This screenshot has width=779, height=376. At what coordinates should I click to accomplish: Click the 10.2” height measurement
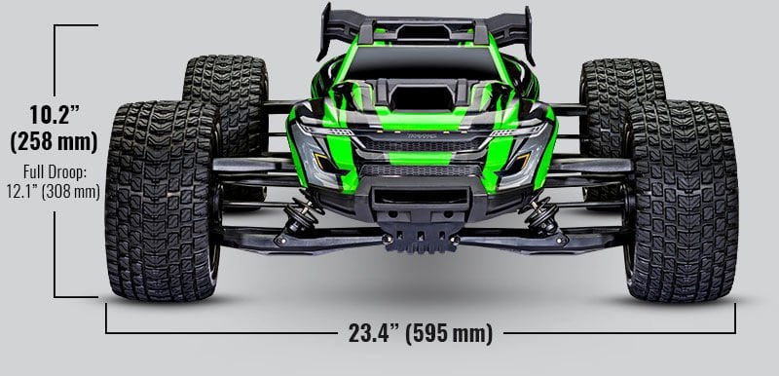(x=53, y=114)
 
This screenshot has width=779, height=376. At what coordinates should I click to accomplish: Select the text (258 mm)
(x=53, y=141)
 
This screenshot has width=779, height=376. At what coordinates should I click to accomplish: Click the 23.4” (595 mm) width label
(x=420, y=333)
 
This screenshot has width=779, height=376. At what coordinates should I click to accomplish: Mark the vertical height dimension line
(x=56, y=58)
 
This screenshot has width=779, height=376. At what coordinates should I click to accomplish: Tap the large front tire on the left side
(x=162, y=200)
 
